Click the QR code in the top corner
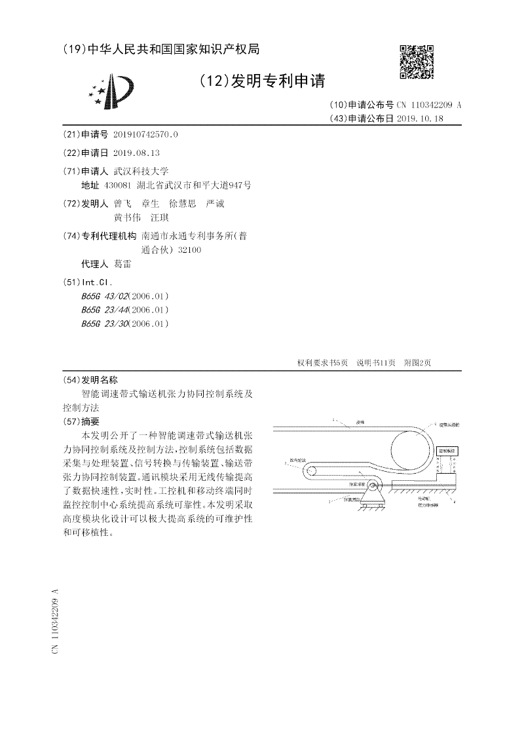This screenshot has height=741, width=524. [416, 61]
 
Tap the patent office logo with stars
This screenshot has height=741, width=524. [112, 92]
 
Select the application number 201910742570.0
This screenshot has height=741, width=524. [145, 134]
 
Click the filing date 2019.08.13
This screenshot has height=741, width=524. [136, 152]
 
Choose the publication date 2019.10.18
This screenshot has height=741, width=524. [420, 119]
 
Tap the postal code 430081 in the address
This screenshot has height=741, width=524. [118, 185]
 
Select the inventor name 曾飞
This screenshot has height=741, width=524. [122, 204]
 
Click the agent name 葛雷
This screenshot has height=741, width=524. [122, 263]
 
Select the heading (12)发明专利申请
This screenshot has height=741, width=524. [261, 81]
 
